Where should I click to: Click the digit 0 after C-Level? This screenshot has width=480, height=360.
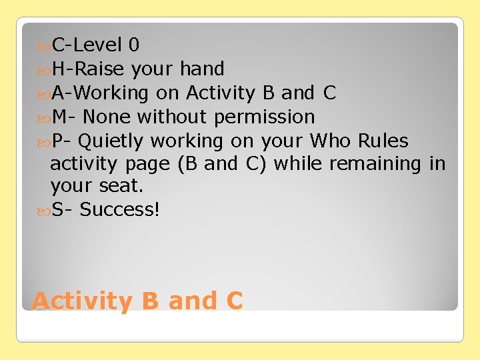coord(134,45)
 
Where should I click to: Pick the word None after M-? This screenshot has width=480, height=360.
coord(107,117)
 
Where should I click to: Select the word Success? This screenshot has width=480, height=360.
coord(119,209)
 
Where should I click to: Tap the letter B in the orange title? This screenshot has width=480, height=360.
coord(151,301)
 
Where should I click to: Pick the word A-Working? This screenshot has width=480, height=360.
coord(99,93)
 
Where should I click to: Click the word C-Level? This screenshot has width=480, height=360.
coord(87,45)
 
